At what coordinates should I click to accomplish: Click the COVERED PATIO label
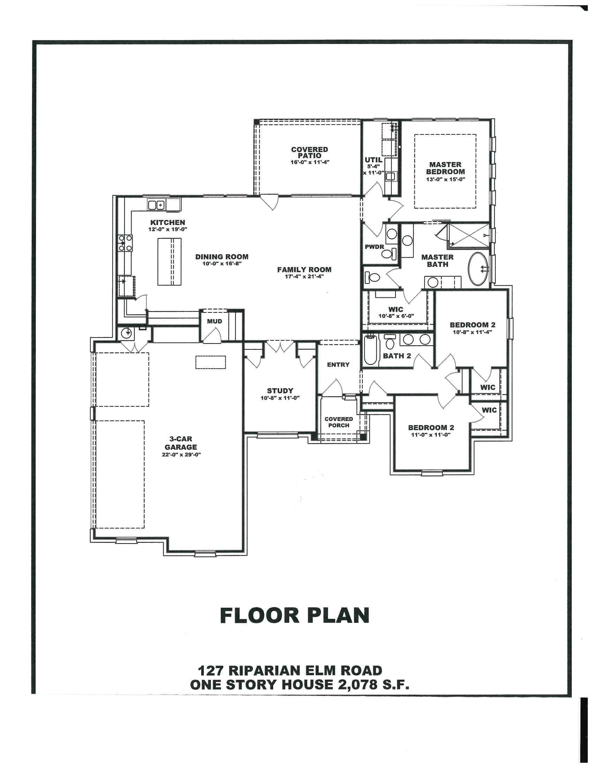pos(309,152)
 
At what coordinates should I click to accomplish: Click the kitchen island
pos(170,261)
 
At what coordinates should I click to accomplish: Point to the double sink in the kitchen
pos(156,205)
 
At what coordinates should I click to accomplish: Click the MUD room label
pos(214,321)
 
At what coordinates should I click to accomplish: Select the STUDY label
pos(280,391)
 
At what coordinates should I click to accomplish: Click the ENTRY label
pos(338,365)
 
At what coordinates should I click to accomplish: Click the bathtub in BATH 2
pos(370,350)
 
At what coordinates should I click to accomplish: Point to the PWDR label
pos(375,247)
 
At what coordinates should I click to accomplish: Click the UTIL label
pos(374,160)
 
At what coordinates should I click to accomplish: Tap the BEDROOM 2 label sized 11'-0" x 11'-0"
pos(431,428)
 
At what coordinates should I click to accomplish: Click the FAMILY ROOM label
pos(304,270)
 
